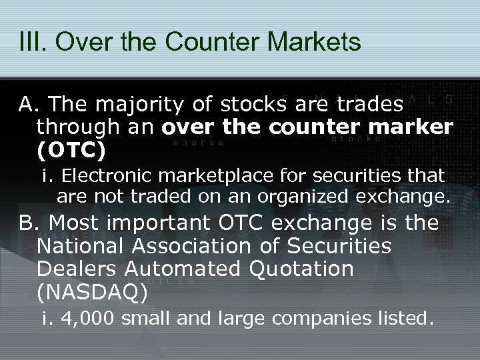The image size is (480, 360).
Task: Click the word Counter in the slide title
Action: (x=203, y=41)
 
